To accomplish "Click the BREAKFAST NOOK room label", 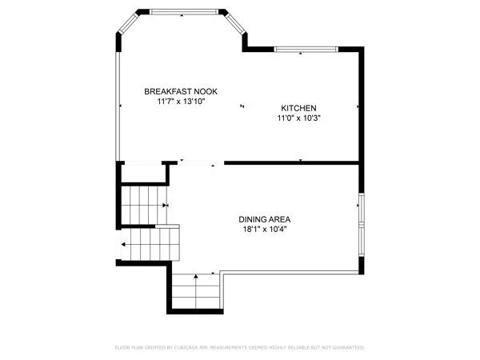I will [x=181, y=92].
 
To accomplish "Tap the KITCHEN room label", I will [x=299, y=108].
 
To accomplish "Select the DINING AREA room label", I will [x=264, y=219].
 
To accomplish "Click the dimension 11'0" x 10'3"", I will [x=299, y=118].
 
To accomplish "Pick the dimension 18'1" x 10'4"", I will [x=264, y=230].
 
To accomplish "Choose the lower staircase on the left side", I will [x=148, y=244].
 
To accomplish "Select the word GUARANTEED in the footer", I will [x=345, y=348].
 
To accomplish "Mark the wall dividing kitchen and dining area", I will [x=292, y=162].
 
